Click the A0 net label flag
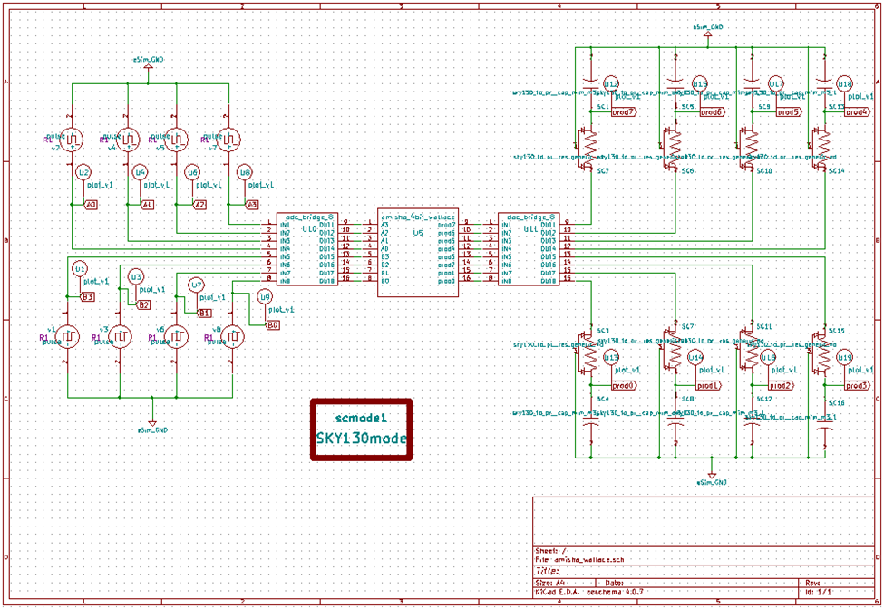pyautogui.click(x=91, y=206)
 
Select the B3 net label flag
pyautogui.click(x=88, y=296)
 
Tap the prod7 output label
pyautogui.click(x=624, y=112)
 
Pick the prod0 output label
pyautogui.click(x=624, y=385)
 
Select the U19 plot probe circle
pyautogui.click(x=844, y=359)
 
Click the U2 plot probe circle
pyautogui.click(x=83, y=172)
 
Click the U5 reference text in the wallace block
pyautogui.click(x=417, y=233)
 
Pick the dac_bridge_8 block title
pyautogui.click(x=528, y=217)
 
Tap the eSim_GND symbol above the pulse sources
pyautogui.click(x=151, y=65)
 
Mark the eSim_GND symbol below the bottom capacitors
pyautogui.click(x=712, y=475)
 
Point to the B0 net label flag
pyautogui.click(x=272, y=323)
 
